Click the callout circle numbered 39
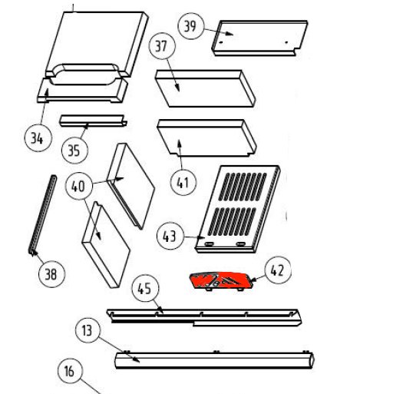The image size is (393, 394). [x=191, y=26]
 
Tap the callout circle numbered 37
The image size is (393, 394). [x=162, y=46]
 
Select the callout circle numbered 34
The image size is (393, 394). [x=38, y=138]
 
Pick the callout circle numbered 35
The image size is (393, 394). [x=74, y=151]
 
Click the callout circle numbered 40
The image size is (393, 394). [x=79, y=186]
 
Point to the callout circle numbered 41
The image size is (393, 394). [x=183, y=182]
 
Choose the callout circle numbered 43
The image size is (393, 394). [x=170, y=236]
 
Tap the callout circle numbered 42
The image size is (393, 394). [x=278, y=270]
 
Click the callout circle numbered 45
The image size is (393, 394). [x=145, y=289]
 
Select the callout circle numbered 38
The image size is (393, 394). [x=51, y=274]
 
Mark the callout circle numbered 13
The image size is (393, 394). [x=88, y=330]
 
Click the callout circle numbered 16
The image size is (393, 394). [x=70, y=371]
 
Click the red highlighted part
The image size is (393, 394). [x=223, y=281]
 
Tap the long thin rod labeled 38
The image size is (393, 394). [x=42, y=215]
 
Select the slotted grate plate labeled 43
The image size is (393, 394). [x=238, y=209]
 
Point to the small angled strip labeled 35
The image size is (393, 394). [x=94, y=121]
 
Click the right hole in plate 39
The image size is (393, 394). [x=286, y=42]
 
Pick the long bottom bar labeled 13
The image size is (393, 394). [x=214, y=360]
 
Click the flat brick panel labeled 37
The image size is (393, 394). [x=206, y=88]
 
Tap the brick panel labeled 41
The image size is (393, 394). [x=206, y=137]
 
